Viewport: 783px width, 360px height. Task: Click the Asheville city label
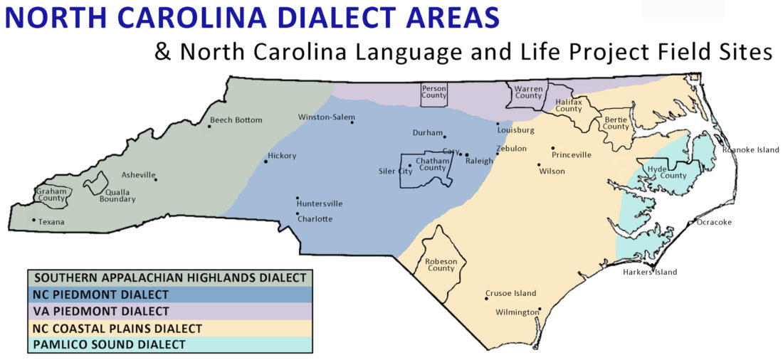coord(137,174)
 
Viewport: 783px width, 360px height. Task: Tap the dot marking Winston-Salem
coord(352,122)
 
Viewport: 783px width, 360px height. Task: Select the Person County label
coord(433,92)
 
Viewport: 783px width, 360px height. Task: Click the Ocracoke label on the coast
coord(714,222)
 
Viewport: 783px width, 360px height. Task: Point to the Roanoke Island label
coord(750,149)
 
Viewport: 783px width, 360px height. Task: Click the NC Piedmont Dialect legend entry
coord(101,295)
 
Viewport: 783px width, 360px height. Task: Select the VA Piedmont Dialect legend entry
coord(102,311)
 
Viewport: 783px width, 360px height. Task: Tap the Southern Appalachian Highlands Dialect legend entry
coord(170,277)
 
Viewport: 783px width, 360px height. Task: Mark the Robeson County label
coord(441,265)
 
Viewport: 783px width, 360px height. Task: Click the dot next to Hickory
coord(266,162)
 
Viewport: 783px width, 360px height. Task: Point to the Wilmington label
coord(517,312)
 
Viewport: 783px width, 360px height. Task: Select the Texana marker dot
coord(33,220)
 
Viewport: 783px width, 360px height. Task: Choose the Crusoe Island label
coord(511,293)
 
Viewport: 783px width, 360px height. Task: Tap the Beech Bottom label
coord(236,120)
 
